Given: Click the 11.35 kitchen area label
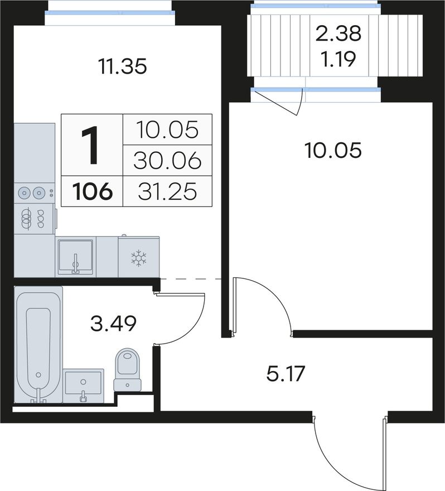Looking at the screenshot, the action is [122, 66].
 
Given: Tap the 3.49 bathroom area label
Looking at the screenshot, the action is [113, 324].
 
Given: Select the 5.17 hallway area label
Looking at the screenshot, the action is [286, 374].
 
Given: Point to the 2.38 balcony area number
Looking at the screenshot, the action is [338, 33].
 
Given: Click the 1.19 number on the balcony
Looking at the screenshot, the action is [339, 59].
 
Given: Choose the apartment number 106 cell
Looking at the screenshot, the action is [93, 191].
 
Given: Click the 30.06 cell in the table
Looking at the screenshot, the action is [167, 161].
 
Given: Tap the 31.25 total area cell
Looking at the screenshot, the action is [167, 191].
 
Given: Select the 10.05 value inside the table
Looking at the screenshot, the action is [167, 129].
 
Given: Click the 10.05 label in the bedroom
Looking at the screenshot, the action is [333, 150].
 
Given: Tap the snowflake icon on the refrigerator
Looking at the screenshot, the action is [139, 258].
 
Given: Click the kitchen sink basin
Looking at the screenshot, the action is [75, 256].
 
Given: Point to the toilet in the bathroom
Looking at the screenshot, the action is [127, 370].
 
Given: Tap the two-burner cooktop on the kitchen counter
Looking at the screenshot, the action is [34, 192].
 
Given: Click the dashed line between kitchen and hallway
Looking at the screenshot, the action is [191, 278].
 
